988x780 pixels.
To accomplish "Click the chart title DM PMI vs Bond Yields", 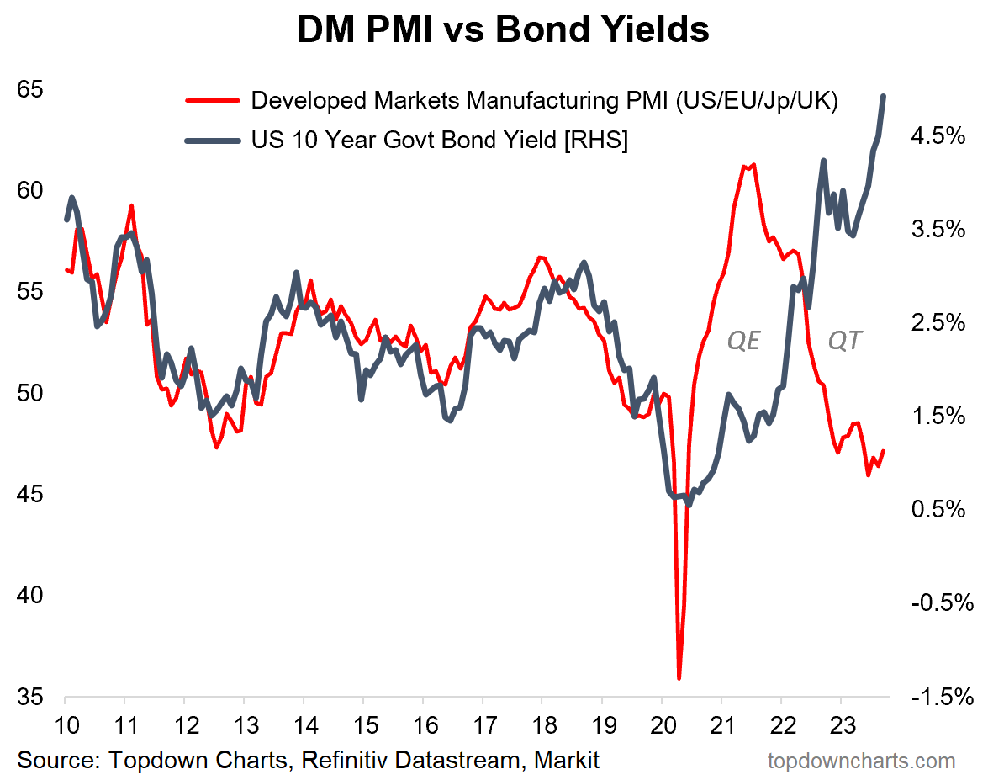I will tap(503, 30).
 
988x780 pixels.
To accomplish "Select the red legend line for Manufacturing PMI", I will tap(214, 101).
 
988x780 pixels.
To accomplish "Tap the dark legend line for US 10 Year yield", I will tap(214, 140).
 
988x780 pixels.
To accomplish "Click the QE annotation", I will tap(743, 341).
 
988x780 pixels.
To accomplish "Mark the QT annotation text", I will tap(844, 341).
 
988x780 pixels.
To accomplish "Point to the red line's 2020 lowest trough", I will tap(679, 677).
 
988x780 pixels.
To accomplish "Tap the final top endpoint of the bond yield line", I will tap(884, 96).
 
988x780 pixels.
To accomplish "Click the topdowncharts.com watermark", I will tap(861, 761).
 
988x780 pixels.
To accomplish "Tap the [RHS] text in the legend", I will tap(596, 140).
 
